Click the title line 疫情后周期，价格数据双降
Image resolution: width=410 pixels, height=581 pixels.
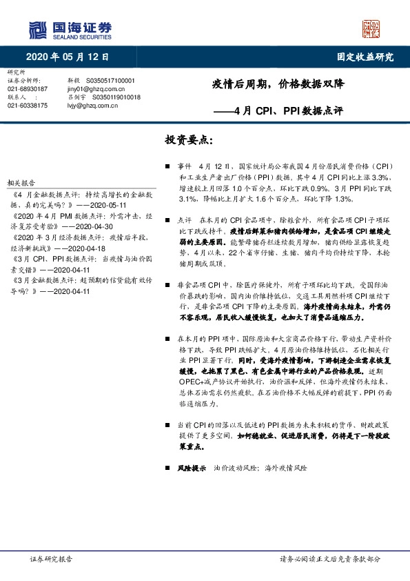(283, 86)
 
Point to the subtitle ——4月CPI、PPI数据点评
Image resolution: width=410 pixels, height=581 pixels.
(287, 110)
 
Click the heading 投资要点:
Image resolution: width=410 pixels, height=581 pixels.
(188, 139)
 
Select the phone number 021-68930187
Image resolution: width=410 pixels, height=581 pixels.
(27, 89)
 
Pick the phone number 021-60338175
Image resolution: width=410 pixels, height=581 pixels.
(27, 106)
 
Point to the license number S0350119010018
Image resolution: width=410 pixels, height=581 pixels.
(116, 97)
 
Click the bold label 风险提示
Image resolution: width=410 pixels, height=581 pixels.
(192, 468)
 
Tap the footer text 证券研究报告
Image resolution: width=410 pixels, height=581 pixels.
(52, 559)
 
